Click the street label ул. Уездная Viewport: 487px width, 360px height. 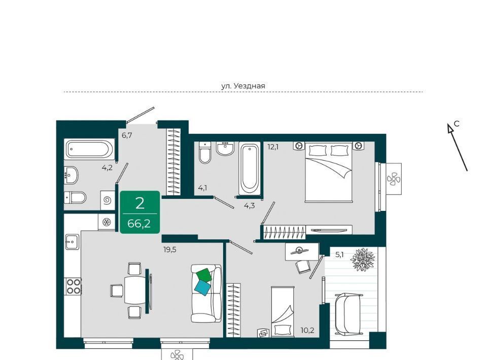[243, 86]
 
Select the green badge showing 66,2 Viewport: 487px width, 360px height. [140, 212]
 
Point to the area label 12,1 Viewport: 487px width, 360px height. [273, 147]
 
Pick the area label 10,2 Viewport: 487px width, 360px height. [307, 330]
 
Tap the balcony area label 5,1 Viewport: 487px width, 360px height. [339, 255]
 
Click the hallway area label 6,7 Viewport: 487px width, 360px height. [127, 135]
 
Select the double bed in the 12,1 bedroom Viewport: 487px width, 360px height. [329, 172]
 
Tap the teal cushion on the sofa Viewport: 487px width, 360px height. [202, 289]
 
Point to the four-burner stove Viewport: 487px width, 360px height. [73, 286]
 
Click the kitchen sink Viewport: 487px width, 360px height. [72, 241]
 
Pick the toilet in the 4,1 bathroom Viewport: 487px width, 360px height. [204, 153]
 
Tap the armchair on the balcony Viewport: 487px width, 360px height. [349, 313]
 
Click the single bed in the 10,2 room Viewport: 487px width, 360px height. [283, 312]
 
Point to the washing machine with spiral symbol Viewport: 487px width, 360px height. [108, 200]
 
